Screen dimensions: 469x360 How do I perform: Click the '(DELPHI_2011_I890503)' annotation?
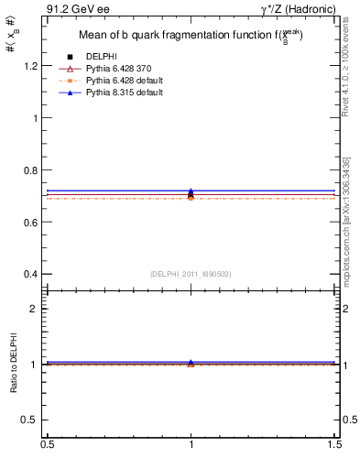pos(191,274)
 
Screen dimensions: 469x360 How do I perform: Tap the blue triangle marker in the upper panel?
pos(191,191)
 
